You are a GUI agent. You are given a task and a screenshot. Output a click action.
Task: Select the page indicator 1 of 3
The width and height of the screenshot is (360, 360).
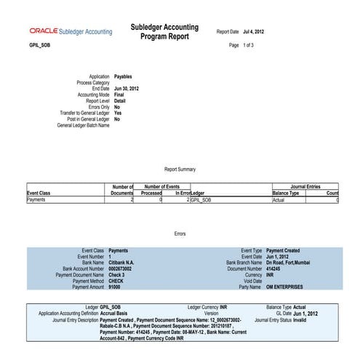click(x=246, y=45)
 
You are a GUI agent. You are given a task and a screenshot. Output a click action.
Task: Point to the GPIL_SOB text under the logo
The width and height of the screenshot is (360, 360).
click(x=40, y=45)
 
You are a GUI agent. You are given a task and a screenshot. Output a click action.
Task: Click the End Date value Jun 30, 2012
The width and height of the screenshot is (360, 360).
click(x=127, y=88)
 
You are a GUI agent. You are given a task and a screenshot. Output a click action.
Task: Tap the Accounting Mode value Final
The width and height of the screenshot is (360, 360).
click(x=119, y=95)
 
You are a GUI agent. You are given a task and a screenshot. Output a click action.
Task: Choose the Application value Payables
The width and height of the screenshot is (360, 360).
click(x=124, y=76)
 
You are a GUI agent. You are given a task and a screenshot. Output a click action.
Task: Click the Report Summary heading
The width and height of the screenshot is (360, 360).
click(x=180, y=169)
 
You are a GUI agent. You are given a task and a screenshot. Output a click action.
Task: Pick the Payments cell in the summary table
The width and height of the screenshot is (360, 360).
click(x=37, y=199)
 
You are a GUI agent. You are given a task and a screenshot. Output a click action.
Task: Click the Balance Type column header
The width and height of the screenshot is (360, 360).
click(x=285, y=193)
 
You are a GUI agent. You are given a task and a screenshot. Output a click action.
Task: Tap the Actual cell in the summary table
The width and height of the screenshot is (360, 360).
click(x=278, y=199)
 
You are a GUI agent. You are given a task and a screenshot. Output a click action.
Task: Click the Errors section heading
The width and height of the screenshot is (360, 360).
click(x=180, y=233)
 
